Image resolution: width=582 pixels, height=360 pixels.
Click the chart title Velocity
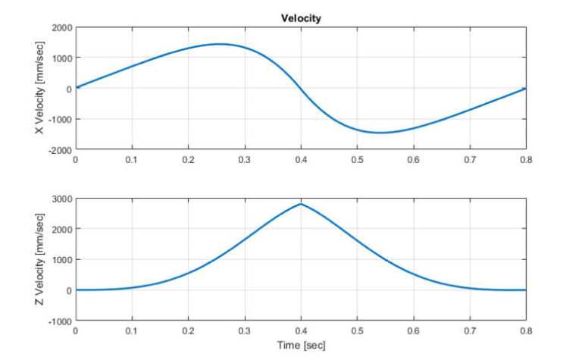pos(301,18)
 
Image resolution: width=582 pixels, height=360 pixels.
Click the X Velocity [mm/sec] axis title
pos(39,88)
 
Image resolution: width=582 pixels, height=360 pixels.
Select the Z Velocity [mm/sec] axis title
pos(39,259)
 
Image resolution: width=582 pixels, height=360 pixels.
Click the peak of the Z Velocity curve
pos(301,204)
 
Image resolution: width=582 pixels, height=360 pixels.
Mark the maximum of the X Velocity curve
pos(219,44)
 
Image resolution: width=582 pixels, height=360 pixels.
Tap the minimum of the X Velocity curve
pos(380,133)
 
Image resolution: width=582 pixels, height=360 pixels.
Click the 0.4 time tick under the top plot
pos(301,160)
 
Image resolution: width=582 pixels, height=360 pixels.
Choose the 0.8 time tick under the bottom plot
pos(526,331)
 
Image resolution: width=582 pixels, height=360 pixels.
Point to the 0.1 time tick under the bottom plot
pos(132,331)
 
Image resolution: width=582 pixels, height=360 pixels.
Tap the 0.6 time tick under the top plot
pos(414,160)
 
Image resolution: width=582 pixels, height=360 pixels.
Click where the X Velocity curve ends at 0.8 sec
pos(524,89)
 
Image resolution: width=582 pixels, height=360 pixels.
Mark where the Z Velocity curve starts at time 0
pos(76,290)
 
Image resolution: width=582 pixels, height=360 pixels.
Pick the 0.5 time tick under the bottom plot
pos(357,331)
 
